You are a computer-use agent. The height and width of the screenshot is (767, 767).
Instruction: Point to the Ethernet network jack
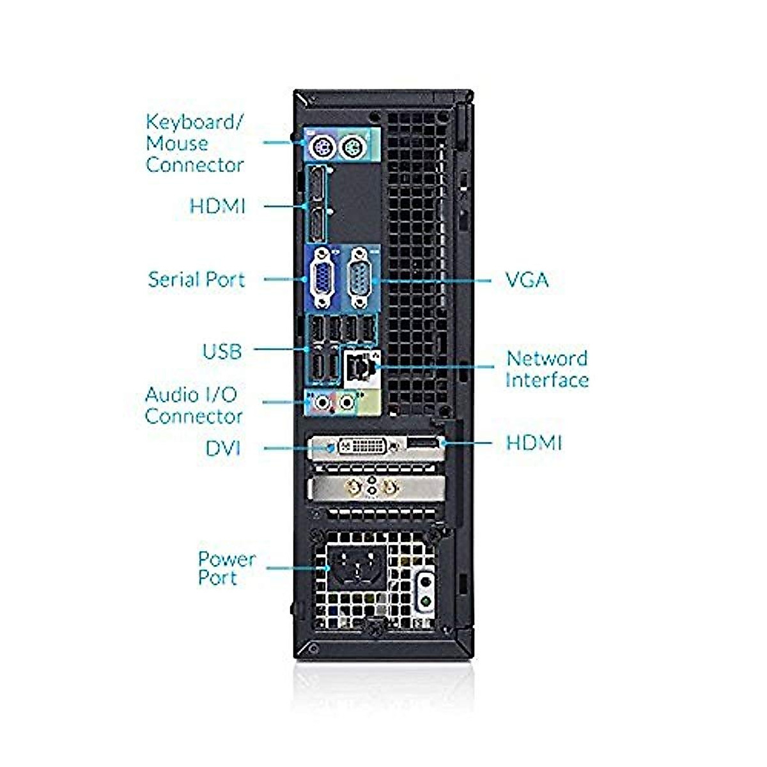[x=359, y=366]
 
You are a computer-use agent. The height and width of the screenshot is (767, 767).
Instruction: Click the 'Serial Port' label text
[x=196, y=280]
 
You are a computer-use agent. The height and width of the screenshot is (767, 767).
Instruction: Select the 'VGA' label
[x=527, y=280]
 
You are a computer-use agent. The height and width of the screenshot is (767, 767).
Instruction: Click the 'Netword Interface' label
[x=546, y=369]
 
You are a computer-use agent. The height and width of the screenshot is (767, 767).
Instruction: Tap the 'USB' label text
[x=222, y=352]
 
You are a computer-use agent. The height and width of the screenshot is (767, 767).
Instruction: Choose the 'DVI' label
[x=222, y=449]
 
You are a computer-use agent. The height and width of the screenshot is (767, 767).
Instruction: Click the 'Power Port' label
[x=226, y=568]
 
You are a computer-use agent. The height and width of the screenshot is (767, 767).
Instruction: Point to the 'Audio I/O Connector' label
[x=193, y=405]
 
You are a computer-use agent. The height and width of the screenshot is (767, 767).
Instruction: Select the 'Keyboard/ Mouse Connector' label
[x=194, y=143]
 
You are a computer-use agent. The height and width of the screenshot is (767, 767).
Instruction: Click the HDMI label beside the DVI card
[x=534, y=443]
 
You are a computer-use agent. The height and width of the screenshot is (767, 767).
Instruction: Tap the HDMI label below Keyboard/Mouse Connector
[x=217, y=206]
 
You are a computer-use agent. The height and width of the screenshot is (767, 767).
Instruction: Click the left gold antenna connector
[x=352, y=488]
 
